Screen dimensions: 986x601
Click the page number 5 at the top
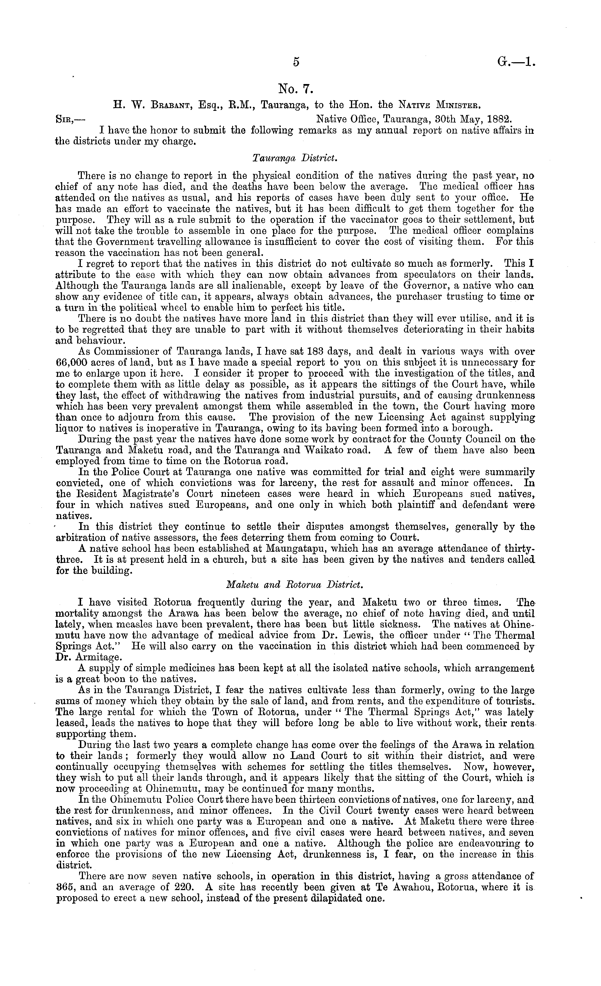pos(296,62)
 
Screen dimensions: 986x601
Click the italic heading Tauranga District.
pos(296,158)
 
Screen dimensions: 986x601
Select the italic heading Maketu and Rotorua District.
pos(295,585)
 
